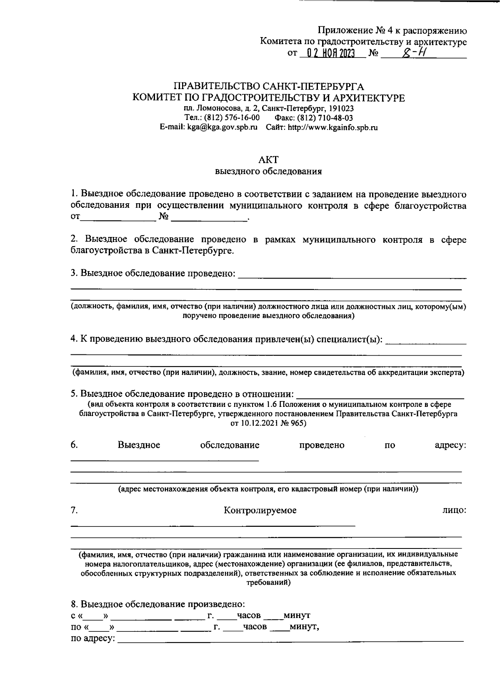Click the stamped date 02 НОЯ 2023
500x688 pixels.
(x=330, y=54)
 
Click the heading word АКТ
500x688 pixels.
(x=268, y=160)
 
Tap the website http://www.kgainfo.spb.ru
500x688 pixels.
(x=333, y=128)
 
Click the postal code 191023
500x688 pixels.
(x=342, y=109)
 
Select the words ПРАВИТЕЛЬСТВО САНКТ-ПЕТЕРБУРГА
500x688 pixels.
(x=268, y=87)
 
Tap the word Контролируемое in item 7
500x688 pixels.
(x=260, y=510)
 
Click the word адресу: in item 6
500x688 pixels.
(x=450, y=445)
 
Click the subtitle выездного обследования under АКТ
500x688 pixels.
(x=268, y=171)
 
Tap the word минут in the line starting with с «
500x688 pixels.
(x=296, y=615)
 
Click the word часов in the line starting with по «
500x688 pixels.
(x=255, y=626)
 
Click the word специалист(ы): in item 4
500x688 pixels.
(x=350, y=339)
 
